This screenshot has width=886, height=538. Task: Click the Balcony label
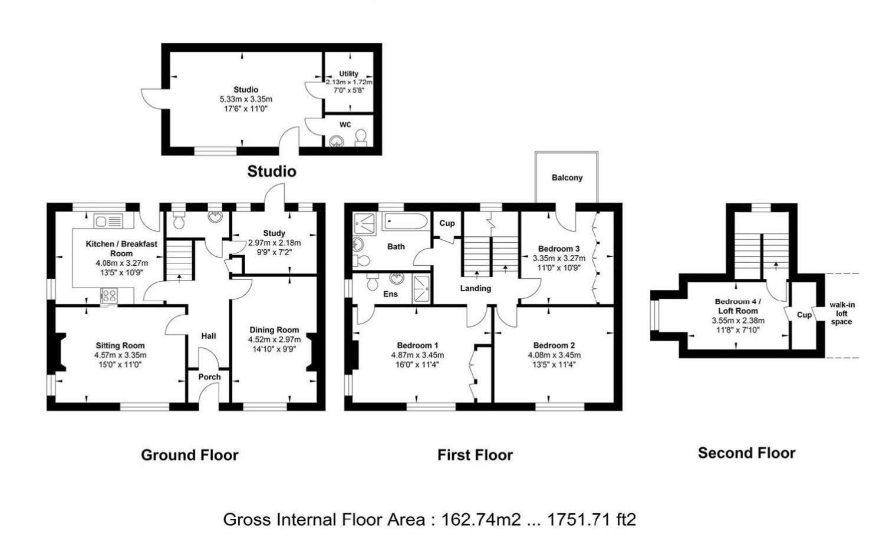click(567, 178)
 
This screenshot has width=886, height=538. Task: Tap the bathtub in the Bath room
click(406, 222)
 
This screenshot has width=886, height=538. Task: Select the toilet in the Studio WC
click(361, 138)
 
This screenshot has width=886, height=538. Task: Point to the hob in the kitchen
click(109, 295)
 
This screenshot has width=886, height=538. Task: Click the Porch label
click(209, 377)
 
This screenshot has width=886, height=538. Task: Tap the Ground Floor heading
click(189, 455)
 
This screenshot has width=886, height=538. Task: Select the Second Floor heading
click(746, 453)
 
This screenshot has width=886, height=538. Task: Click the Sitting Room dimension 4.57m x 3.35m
click(120, 355)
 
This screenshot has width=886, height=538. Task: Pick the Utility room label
click(348, 74)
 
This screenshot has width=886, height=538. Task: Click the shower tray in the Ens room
click(421, 289)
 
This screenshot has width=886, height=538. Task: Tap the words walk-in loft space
click(842, 313)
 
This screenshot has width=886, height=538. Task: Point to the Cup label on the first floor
click(447, 223)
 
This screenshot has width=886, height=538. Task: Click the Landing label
click(476, 289)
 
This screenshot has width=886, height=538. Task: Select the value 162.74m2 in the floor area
click(481, 519)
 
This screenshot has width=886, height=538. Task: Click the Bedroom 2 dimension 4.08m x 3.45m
click(554, 355)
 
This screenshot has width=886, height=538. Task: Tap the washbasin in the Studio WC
click(337, 141)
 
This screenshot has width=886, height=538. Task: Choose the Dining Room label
click(274, 330)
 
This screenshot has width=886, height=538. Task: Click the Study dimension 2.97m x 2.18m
click(274, 243)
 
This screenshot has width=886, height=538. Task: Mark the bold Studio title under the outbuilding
click(272, 171)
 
